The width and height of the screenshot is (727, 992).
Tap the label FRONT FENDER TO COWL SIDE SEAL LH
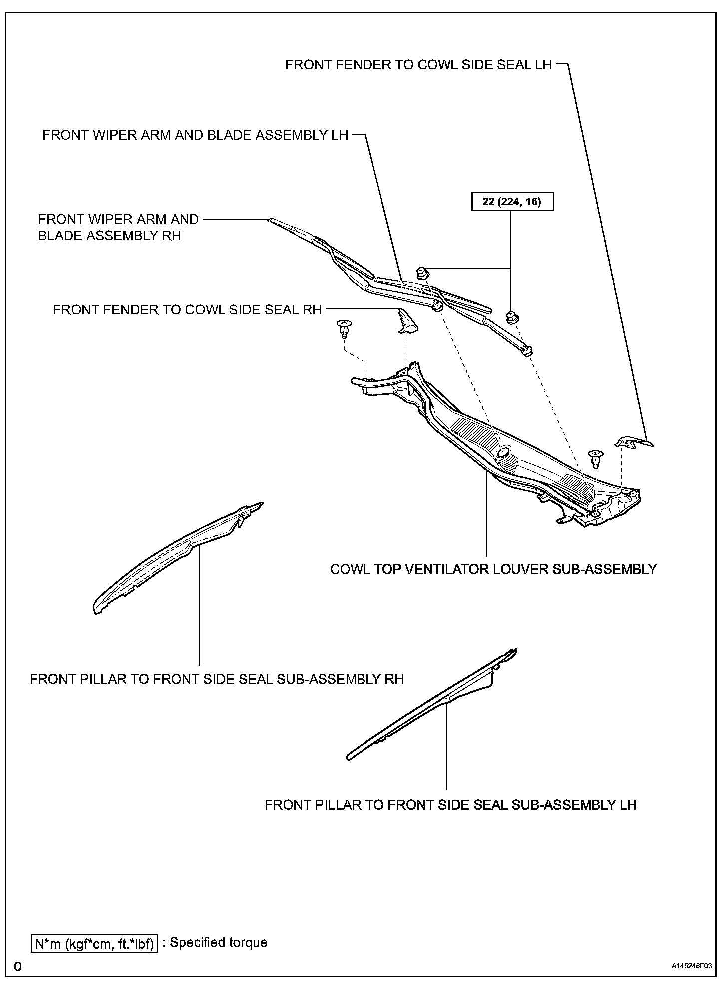(418, 65)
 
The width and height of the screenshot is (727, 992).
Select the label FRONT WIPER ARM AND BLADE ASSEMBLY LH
(195, 135)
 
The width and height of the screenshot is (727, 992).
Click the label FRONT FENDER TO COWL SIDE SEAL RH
(187, 310)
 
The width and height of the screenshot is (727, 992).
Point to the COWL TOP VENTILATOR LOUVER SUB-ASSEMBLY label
(493, 569)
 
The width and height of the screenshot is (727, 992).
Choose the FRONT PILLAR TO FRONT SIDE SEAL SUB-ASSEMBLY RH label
(217, 679)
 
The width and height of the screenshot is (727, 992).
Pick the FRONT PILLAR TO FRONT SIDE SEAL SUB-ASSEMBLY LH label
(450, 805)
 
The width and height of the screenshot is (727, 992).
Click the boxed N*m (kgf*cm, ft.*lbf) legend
(94, 943)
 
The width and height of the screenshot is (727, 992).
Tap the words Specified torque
(219, 942)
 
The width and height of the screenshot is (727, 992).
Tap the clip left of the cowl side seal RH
(343, 328)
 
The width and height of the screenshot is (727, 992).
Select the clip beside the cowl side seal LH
(595, 457)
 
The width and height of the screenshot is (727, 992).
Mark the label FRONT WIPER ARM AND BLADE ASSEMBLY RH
(118, 227)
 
